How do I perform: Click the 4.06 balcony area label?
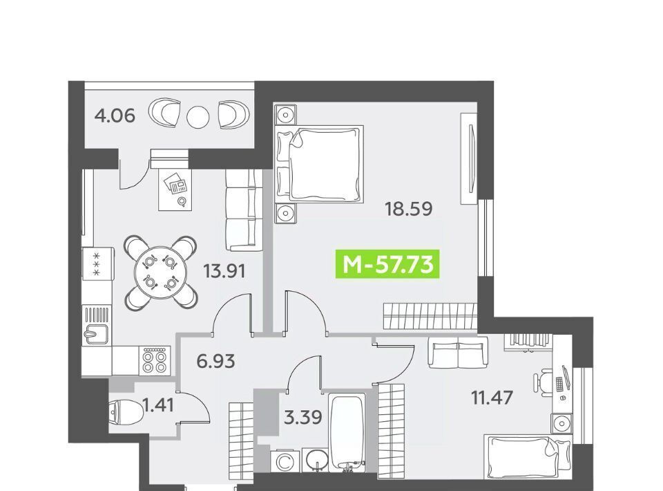coord(115,115)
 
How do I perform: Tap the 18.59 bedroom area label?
coord(408,209)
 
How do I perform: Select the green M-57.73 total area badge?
coord(387,265)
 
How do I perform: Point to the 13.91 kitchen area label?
coord(224,270)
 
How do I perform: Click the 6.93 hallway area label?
coord(216,362)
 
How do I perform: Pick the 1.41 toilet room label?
coord(159,405)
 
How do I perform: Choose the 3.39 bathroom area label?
coord(302,418)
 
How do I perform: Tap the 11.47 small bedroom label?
coord(492,398)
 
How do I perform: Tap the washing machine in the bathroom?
coord(285,461)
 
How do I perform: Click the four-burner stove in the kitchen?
coord(154,360)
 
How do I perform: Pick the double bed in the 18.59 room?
coord(319,163)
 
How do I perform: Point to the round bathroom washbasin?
coord(316,460)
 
